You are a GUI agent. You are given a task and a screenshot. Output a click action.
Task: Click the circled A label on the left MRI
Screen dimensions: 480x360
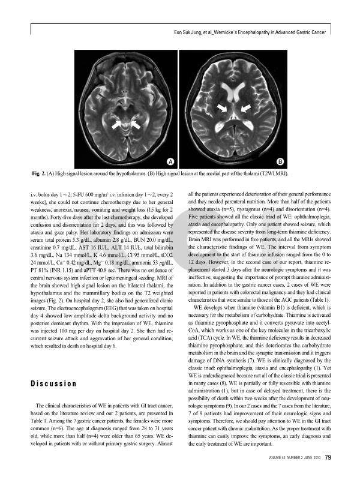point(171,162)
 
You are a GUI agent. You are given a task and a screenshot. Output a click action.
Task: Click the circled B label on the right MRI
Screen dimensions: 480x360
point(280,162)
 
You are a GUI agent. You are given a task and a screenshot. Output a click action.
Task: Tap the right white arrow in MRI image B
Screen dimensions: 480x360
point(245,108)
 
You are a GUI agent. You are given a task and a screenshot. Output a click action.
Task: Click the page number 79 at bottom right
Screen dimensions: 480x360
point(328,458)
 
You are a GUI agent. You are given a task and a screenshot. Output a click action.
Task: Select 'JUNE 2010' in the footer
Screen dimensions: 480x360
point(306,458)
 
